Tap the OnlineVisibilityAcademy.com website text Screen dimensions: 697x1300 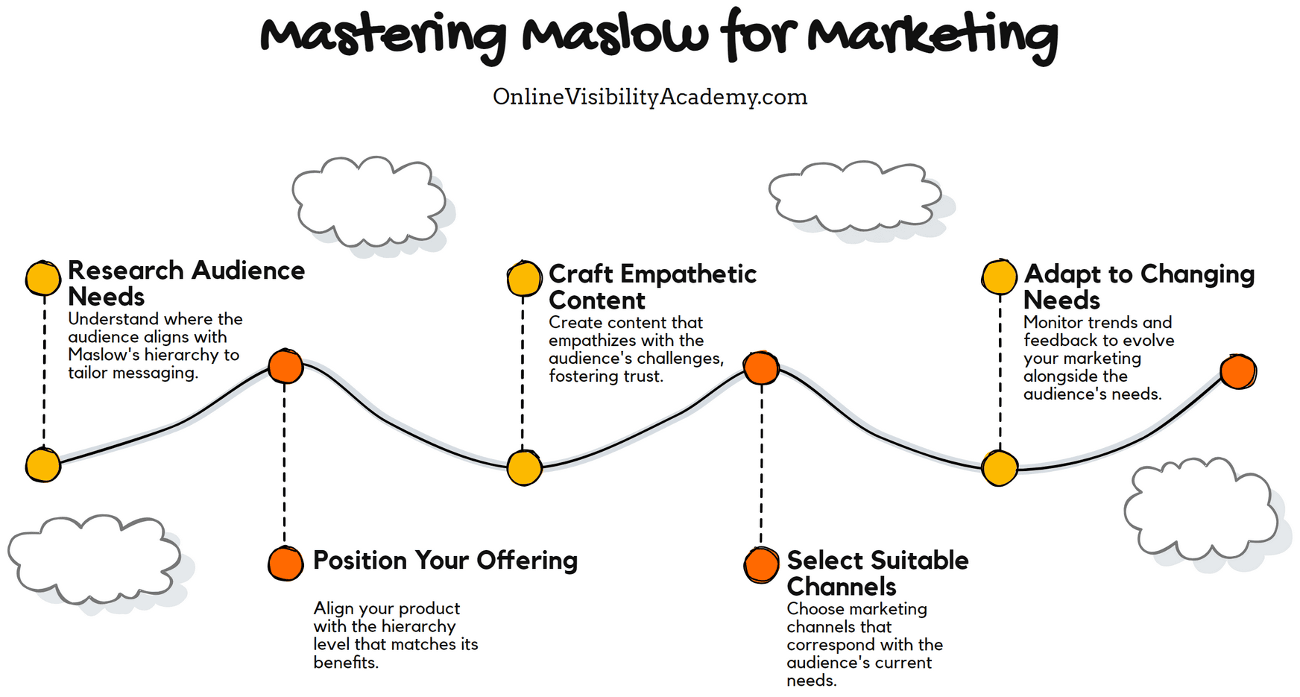coord(649,97)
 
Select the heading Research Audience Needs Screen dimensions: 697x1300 coord(186,283)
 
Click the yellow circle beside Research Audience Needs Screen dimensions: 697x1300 coord(43,278)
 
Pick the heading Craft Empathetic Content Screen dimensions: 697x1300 coord(651,286)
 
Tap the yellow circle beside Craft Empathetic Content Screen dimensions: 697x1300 coord(524,280)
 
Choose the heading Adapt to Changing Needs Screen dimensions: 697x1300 coord(1138,286)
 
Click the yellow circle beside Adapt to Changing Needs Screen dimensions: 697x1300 coord(999,277)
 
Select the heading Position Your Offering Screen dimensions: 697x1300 coord(445,560)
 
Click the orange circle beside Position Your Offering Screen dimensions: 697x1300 coord(285,564)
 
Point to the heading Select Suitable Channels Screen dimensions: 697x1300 coord(877,573)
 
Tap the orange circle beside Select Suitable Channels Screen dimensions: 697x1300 coord(761,565)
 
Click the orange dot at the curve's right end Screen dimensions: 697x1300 coord(1237,372)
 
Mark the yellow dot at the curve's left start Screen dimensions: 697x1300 coord(43,465)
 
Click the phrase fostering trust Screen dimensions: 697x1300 coord(605,376)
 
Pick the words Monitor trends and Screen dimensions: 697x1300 coord(1097,323)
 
